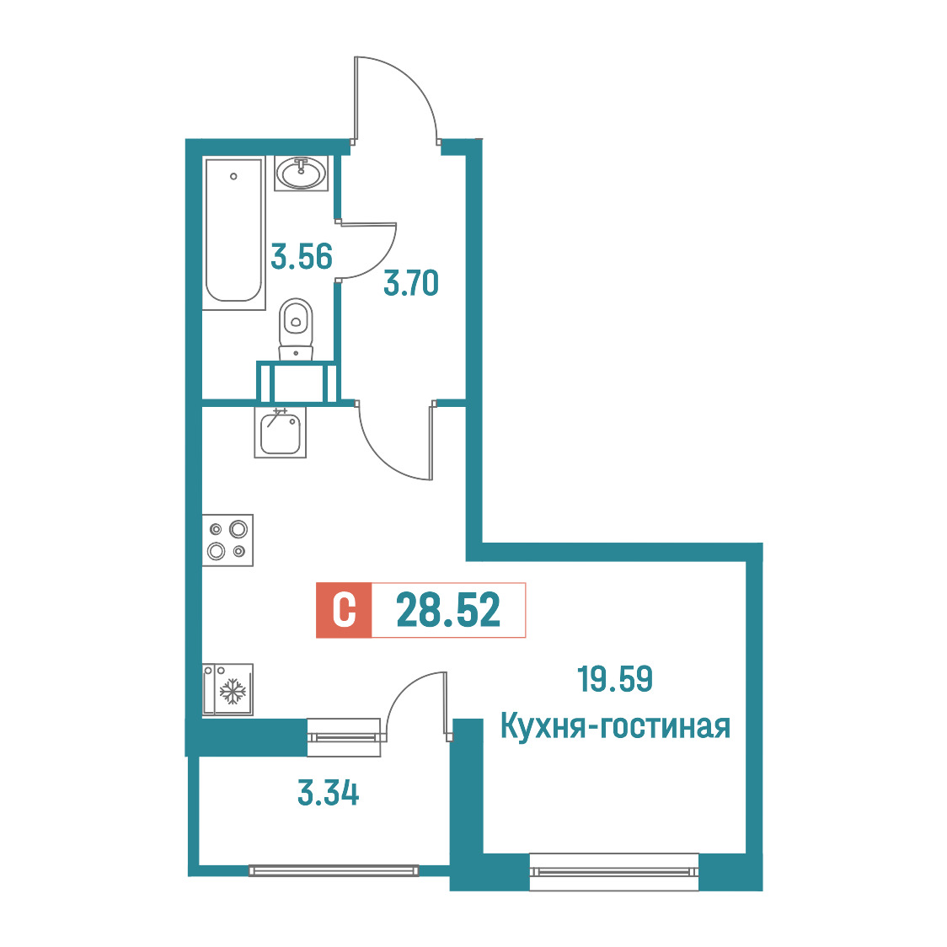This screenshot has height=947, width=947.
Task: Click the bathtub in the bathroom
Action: tap(233, 233)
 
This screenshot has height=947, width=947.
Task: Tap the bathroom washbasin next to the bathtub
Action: tap(302, 173)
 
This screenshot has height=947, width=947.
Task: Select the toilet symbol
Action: tap(296, 329)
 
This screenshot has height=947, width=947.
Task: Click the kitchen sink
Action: tap(281, 432)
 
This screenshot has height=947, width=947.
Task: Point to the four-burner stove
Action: tap(227, 540)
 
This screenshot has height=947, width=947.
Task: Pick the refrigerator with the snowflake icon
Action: tap(227, 690)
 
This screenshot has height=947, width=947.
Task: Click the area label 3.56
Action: tap(302, 257)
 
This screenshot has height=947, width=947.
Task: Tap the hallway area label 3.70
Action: tap(411, 283)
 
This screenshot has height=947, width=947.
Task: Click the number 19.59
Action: tap(615, 679)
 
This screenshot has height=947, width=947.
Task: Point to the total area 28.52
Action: tap(448, 610)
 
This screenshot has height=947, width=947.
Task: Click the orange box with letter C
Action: tap(344, 610)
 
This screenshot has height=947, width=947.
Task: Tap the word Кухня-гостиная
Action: tap(615, 726)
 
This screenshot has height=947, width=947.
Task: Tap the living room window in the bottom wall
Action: tap(614, 872)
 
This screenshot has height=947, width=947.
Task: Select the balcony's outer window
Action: tap(334, 870)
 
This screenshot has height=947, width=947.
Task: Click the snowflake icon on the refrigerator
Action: tap(232, 692)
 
